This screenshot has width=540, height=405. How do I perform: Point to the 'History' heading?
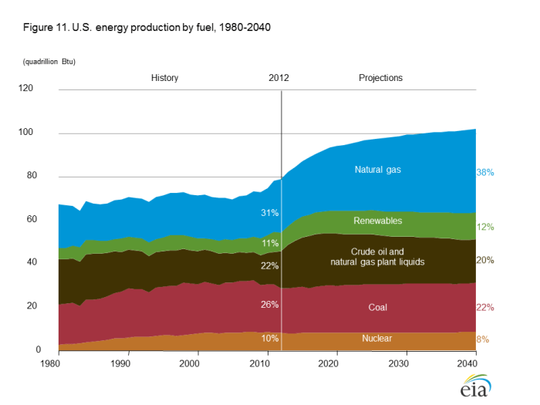click(x=164, y=78)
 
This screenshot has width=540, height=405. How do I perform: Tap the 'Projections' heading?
click(x=380, y=78)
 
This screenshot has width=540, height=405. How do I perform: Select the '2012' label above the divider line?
click(x=278, y=78)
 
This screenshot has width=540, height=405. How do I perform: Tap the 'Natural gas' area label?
click(x=378, y=170)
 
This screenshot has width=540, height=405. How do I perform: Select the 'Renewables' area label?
click(x=379, y=221)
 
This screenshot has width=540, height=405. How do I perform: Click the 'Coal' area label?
click(x=378, y=307)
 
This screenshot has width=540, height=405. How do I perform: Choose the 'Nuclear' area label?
click(x=378, y=339)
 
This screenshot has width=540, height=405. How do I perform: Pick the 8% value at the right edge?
click(x=482, y=339)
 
